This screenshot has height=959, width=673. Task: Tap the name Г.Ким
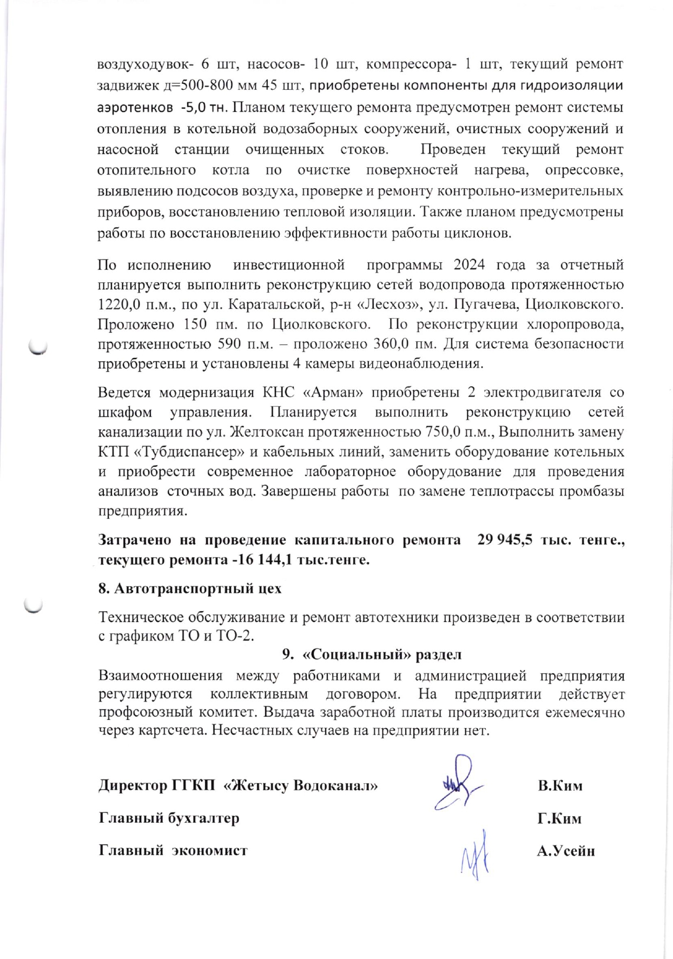click(x=559, y=818)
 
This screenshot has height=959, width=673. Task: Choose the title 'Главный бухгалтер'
click(x=169, y=818)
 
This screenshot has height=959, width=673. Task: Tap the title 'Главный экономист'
click(x=173, y=850)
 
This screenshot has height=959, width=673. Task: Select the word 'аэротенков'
click(x=131, y=107)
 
